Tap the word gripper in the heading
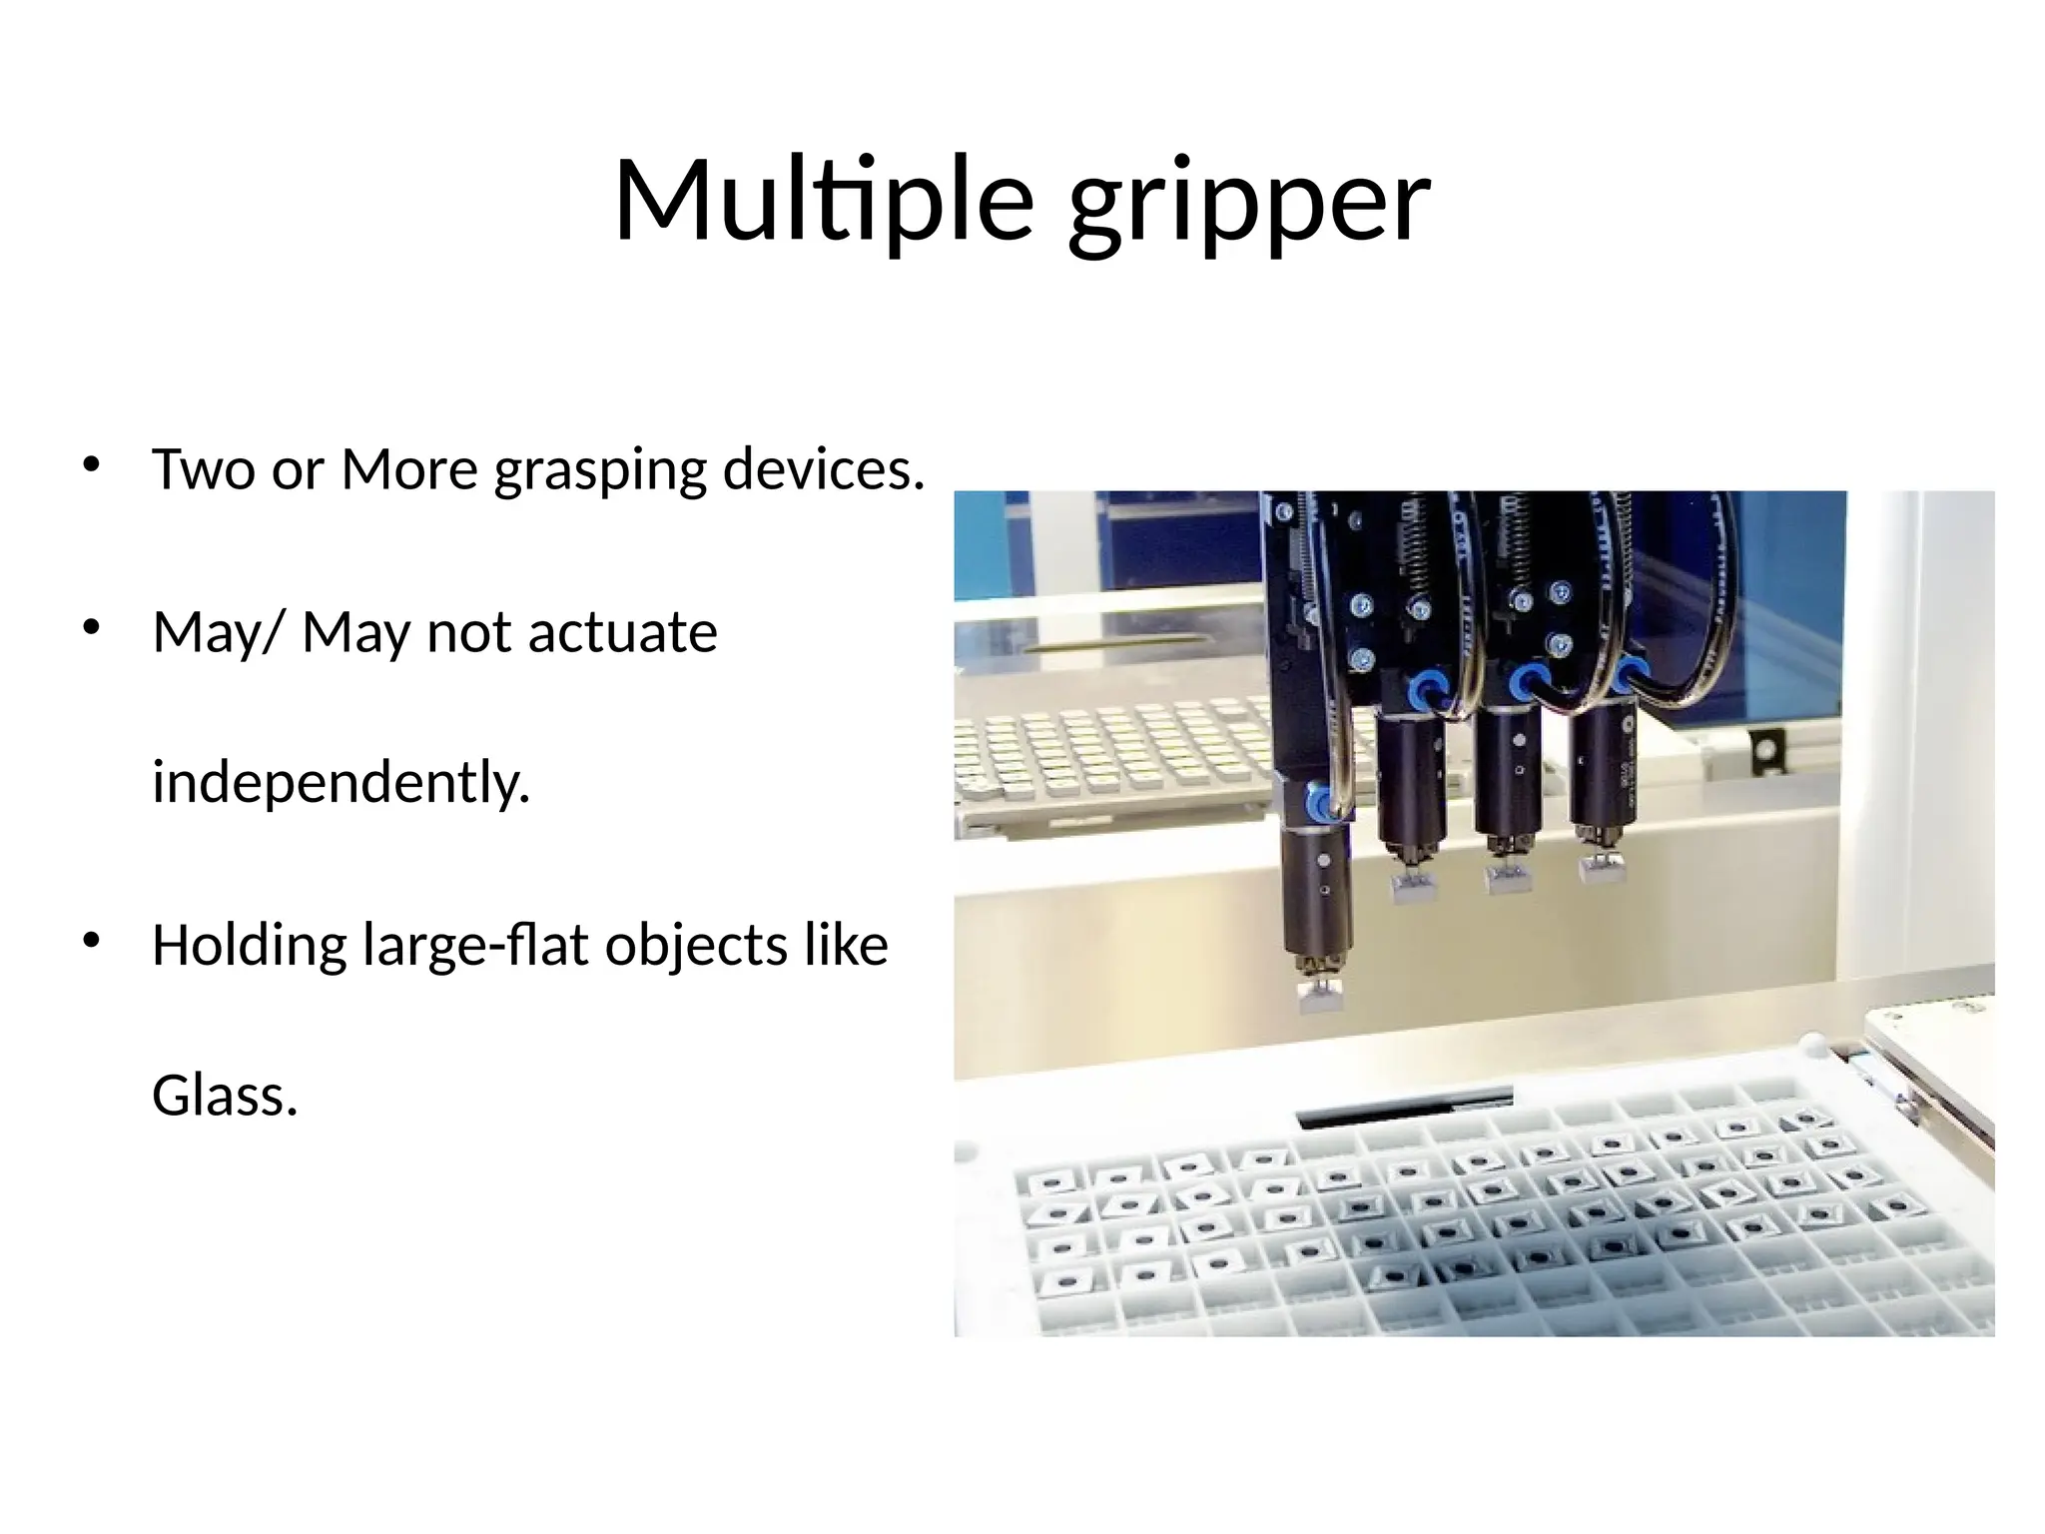click(x=1249, y=205)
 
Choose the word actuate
click(x=622, y=632)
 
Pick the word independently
click(x=341, y=782)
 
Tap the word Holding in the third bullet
click(x=249, y=946)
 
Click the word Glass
click(x=225, y=1096)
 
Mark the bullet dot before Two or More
click(x=92, y=464)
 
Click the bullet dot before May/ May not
click(x=92, y=628)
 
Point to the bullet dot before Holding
click(x=92, y=941)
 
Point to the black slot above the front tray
click(x=1403, y=1107)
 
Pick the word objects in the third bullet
click(x=696, y=946)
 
